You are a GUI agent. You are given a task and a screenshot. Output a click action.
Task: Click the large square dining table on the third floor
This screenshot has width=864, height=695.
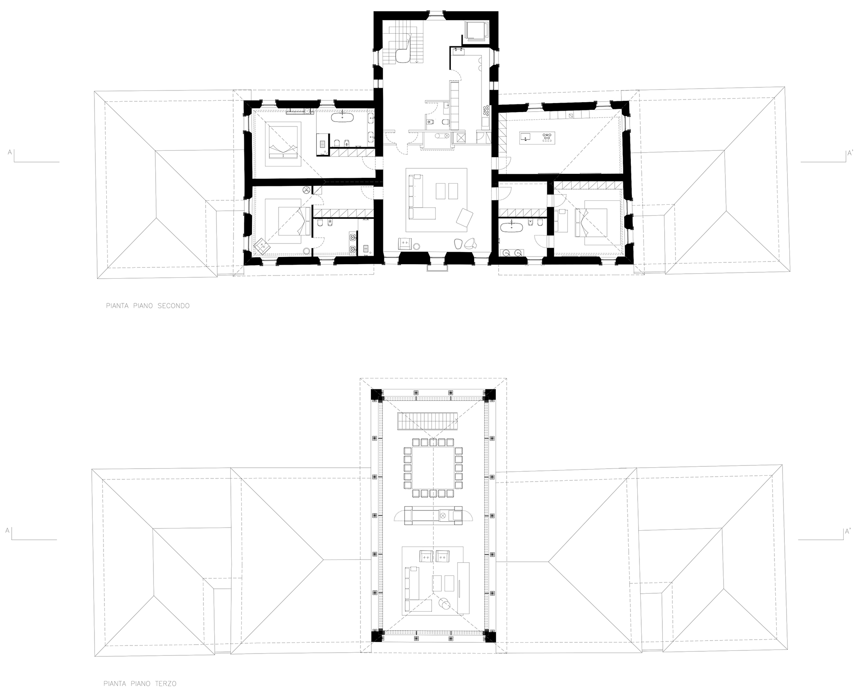[432, 468]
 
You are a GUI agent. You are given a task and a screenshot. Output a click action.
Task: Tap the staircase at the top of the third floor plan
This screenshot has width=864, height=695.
[427, 422]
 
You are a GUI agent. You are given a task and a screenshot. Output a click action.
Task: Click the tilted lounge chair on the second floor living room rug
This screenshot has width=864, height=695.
[465, 217]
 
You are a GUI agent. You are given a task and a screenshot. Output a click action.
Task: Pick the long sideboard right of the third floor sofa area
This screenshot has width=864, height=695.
[462, 587]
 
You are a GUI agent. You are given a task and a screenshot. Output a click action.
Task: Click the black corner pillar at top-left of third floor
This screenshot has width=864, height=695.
[376, 395]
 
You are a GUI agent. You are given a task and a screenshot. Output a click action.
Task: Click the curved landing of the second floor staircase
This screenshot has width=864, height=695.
[402, 55]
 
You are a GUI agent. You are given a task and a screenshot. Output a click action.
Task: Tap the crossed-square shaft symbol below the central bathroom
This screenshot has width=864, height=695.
[460, 138]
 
